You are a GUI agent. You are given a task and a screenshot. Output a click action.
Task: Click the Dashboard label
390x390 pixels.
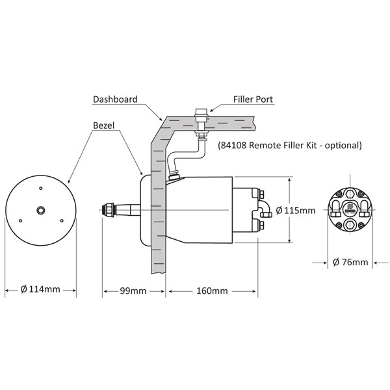click(x=115, y=99)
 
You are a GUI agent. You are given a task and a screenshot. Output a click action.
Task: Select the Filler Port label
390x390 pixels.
click(x=253, y=100)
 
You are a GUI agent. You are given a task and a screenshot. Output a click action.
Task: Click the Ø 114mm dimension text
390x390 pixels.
click(x=41, y=289)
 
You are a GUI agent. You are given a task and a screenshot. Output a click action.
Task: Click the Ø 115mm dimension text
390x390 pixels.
click(x=296, y=211)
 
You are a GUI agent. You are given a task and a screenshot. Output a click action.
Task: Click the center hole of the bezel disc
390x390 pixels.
click(x=41, y=211)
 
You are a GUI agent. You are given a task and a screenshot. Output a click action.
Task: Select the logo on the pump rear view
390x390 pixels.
click(x=350, y=209)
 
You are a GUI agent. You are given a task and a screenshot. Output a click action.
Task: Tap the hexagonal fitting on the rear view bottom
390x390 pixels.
click(x=350, y=226)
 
